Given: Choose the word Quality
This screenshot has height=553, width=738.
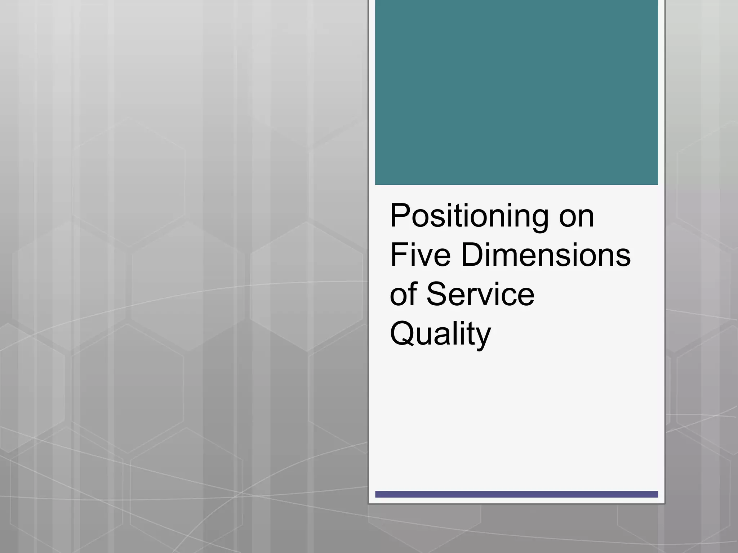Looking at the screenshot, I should point(440,334).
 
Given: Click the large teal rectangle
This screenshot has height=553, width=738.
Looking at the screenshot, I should point(516,92).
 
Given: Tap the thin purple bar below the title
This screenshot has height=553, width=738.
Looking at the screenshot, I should point(516,494).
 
